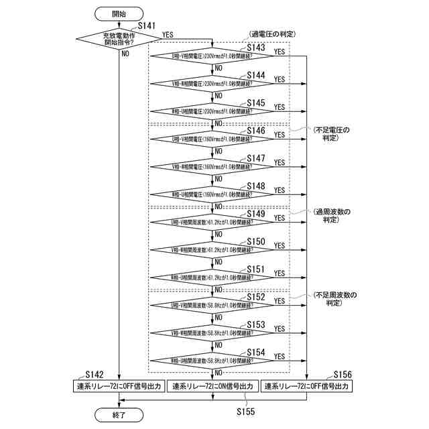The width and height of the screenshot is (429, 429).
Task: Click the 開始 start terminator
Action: tap(118, 13)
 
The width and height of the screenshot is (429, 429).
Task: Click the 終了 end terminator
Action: tap(118, 415)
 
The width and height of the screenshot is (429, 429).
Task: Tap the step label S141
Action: tap(147, 25)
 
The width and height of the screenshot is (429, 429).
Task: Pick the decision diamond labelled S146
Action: tap(212, 139)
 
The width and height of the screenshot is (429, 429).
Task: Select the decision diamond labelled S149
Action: tap(212, 222)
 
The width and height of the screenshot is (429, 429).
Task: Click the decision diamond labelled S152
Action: tap(212, 305)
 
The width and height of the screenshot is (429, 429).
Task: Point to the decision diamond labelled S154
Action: tap(212, 360)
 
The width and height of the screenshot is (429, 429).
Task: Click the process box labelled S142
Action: tap(118, 386)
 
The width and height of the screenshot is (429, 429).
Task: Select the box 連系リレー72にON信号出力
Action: tap(212, 386)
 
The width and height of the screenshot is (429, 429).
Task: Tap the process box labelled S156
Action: tap(307, 386)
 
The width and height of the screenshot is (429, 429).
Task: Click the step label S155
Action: tap(245, 411)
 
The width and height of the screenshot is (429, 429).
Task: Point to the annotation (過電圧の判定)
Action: tap(273, 34)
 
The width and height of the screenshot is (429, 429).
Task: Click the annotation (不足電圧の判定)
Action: tap(331, 133)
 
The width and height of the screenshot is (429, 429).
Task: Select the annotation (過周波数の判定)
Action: tap(331, 215)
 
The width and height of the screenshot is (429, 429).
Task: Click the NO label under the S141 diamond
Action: tap(125, 54)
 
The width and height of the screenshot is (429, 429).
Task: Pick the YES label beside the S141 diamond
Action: tap(168, 34)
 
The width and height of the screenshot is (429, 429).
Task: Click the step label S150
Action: tap(256, 241)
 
